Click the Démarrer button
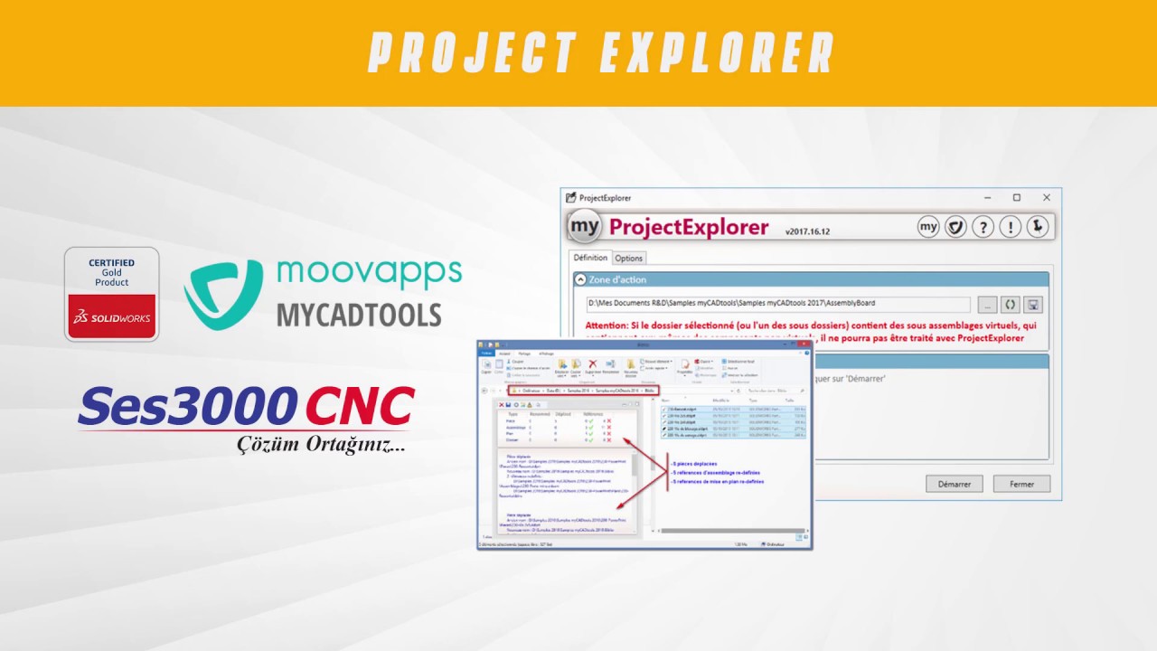[x=954, y=484]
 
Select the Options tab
[x=629, y=258]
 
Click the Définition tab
[x=591, y=258]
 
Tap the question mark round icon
[x=983, y=227]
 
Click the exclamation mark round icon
[x=1010, y=227]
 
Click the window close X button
[x=1047, y=197]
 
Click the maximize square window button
[x=1016, y=197]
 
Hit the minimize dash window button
[x=986, y=197]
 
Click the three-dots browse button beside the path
[x=987, y=304]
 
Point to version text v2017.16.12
[x=807, y=231]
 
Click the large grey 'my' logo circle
[x=585, y=226]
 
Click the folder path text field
[x=777, y=304]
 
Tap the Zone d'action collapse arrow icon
[x=580, y=280]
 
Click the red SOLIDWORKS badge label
[x=112, y=317]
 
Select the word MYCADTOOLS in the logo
[x=359, y=315]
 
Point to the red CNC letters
[x=360, y=406]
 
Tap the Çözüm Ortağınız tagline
[x=321, y=446]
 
